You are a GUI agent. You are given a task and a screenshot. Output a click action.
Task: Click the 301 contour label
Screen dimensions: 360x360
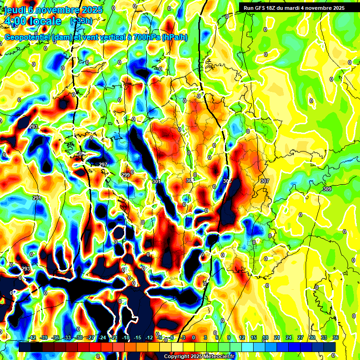click(x=157, y=181)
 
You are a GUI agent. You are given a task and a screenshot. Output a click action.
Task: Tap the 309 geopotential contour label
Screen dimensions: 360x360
click(x=327, y=189)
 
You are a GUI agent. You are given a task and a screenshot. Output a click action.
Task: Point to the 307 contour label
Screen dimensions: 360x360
click(x=265, y=181)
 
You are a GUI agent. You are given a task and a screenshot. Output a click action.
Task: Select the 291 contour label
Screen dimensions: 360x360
click(x=37, y=198)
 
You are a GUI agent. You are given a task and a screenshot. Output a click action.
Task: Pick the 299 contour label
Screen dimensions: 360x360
click(x=126, y=175)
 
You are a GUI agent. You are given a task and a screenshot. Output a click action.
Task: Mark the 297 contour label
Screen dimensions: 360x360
click(x=103, y=165)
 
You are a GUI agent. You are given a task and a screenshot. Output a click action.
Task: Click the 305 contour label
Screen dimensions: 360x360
click(x=227, y=181)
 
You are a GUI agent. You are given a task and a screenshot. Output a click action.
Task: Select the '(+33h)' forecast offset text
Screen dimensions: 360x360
click(x=81, y=21)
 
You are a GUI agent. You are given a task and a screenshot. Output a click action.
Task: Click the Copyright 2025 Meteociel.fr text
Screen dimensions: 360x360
click(x=199, y=356)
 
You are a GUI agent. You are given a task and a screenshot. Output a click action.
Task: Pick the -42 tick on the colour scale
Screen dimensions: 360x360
click(x=32, y=338)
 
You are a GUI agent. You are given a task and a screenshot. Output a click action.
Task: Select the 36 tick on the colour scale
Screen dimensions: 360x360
click(x=336, y=338)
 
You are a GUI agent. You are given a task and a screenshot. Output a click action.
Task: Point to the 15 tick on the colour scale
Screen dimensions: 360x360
click(x=253, y=338)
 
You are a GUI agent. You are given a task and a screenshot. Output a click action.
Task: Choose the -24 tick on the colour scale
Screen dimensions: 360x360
click(x=102, y=338)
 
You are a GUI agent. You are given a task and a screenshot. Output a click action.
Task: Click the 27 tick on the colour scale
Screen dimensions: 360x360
click(x=300, y=338)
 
